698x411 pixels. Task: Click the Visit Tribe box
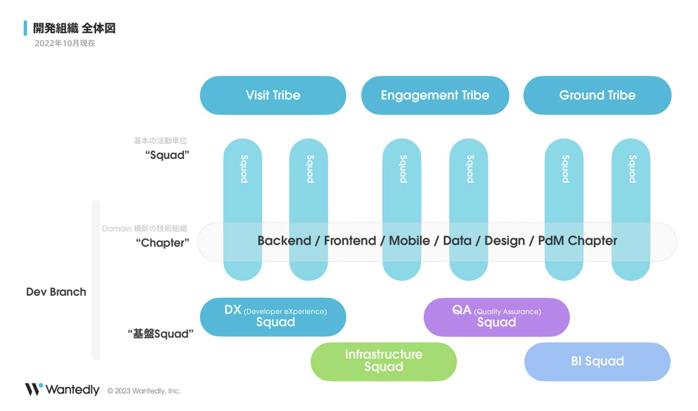coord(273,95)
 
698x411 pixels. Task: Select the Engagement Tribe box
coord(435,95)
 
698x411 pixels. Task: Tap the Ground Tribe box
coord(597,95)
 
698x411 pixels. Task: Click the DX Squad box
coord(273,317)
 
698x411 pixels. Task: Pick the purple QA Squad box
coord(497,317)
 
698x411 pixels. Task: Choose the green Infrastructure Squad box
coord(383,362)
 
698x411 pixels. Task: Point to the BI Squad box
coord(597,362)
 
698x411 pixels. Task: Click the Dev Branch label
coord(56,292)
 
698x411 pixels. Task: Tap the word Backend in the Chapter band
coord(284,241)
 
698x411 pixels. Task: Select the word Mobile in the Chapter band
coord(410,241)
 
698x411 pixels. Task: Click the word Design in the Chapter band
coord(505,241)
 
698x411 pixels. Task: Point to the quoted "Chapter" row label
coord(162,243)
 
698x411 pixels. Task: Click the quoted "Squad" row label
coord(167,155)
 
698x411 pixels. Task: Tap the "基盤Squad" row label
coord(160,334)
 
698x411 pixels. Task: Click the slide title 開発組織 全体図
coord(74,28)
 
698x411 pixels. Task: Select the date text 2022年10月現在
coord(65,43)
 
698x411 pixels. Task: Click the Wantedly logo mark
coord(34,389)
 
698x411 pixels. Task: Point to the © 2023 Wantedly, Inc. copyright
coord(144,391)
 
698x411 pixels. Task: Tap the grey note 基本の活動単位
coord(160,141)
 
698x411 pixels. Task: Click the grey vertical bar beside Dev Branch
coord(96,280)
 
